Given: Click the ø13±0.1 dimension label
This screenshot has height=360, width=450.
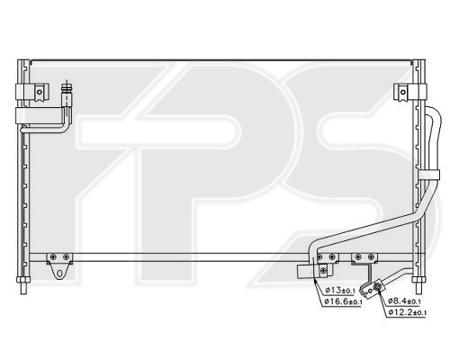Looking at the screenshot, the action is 340,290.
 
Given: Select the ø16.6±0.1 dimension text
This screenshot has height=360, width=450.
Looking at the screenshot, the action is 343,301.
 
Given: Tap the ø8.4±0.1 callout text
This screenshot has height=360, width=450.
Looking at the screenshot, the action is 404,301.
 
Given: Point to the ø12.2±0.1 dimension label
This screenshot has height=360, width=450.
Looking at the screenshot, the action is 407,312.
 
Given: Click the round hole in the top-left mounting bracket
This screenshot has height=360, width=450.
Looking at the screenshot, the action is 40,92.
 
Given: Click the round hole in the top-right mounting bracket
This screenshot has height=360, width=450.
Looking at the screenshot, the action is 402,92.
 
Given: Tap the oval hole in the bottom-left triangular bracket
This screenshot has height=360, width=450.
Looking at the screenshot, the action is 59,274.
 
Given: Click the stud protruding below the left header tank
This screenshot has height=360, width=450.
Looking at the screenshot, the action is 23,289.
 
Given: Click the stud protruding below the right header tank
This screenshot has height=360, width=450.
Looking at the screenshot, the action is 419,289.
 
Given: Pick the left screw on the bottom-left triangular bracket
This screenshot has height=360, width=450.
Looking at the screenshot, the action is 53,256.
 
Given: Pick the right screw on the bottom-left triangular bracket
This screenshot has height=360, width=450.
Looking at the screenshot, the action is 67,256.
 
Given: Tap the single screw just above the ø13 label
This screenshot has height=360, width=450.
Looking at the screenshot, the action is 323,270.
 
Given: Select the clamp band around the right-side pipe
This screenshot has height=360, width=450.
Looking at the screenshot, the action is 428,175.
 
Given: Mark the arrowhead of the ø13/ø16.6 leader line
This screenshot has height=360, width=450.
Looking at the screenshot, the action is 314,280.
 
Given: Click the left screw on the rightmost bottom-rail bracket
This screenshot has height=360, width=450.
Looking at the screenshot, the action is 358,256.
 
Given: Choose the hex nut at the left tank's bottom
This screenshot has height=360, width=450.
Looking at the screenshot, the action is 23,280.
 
